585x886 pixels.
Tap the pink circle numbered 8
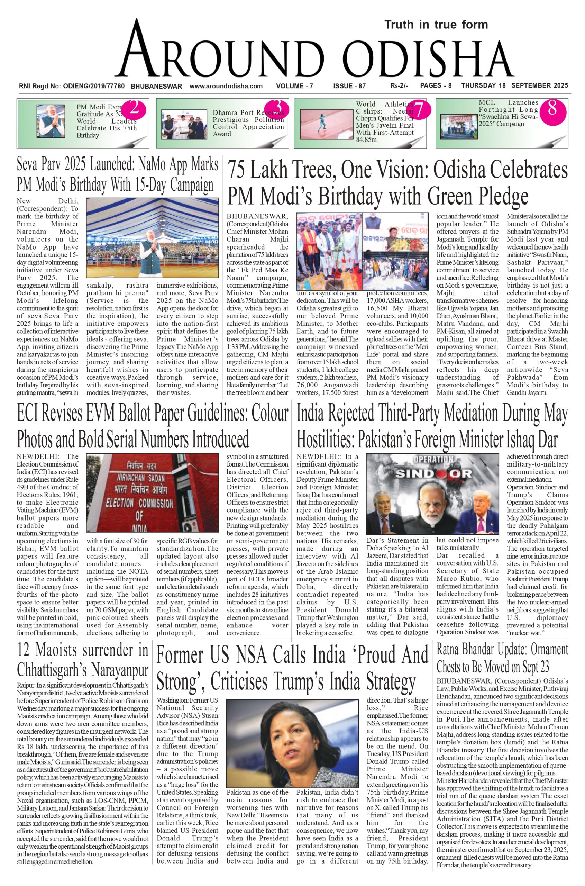tap(552, 109)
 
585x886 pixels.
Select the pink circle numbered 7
tap(419, 109)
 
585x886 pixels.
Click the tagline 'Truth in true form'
tap(436, 25)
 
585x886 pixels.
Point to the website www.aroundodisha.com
tap(226, 86)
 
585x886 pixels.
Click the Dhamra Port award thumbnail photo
tap(183, 124)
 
